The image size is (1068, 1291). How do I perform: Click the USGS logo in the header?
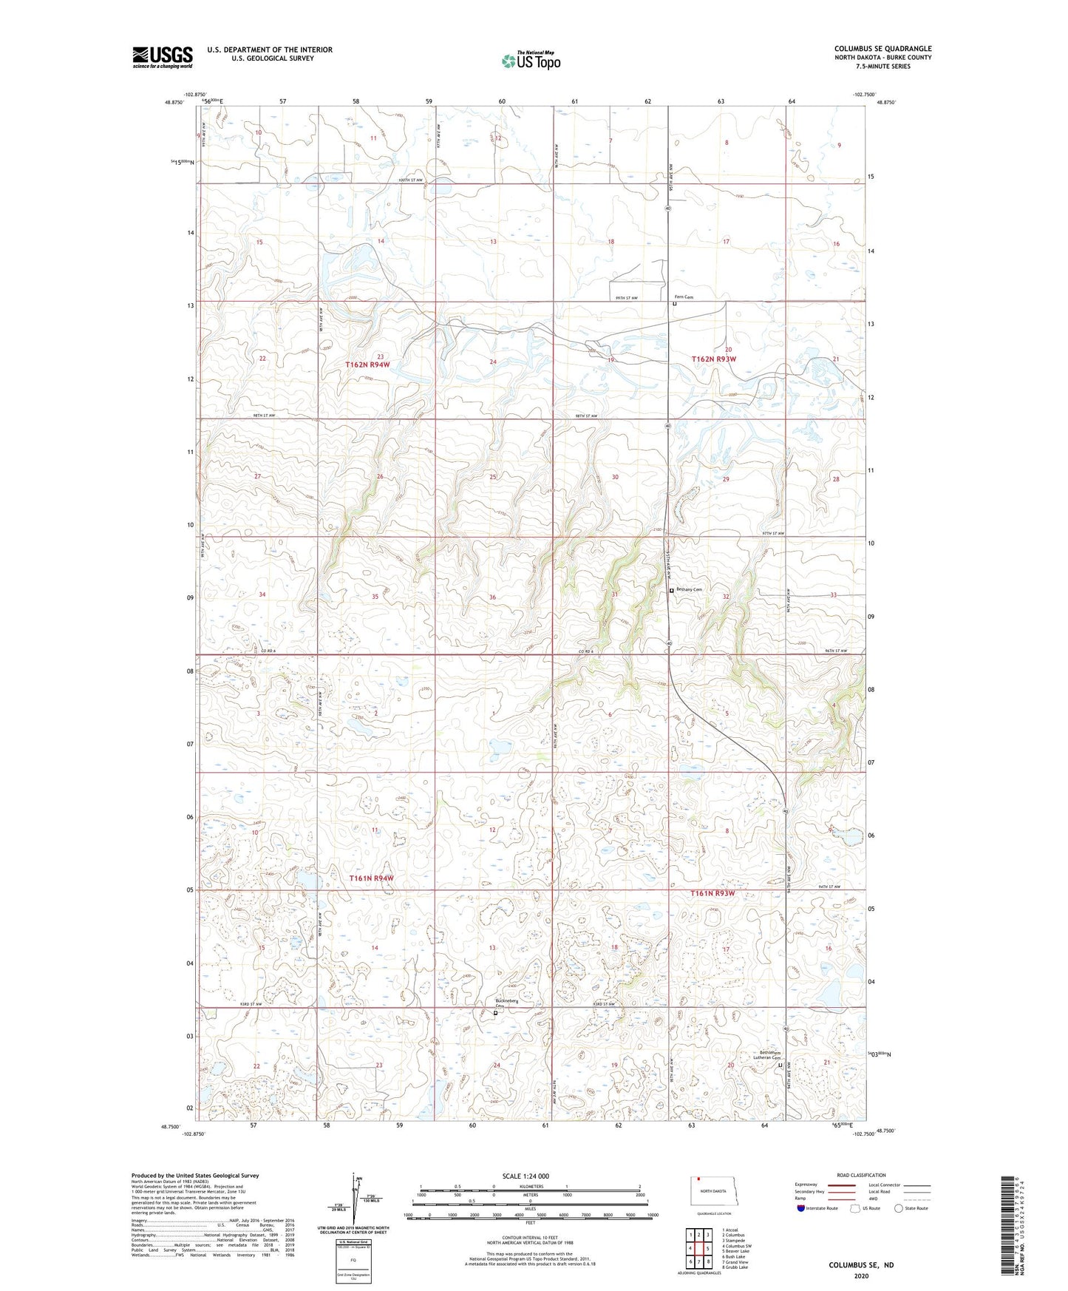click(163, 57)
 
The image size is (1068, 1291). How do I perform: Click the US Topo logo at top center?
click(530, 61)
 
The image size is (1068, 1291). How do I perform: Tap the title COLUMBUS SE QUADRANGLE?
click(883, 49)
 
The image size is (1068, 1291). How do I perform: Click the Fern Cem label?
click(684, 297)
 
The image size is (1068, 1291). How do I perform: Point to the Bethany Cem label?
click(688, 589)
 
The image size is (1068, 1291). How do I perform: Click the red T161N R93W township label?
click(712, 893)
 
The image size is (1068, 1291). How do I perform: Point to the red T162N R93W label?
click(713, 359)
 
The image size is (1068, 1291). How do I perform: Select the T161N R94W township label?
click(371, 878)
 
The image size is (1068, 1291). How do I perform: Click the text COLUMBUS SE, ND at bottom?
click(860, 1265)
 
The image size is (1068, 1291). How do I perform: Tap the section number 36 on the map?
click(492, 597)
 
